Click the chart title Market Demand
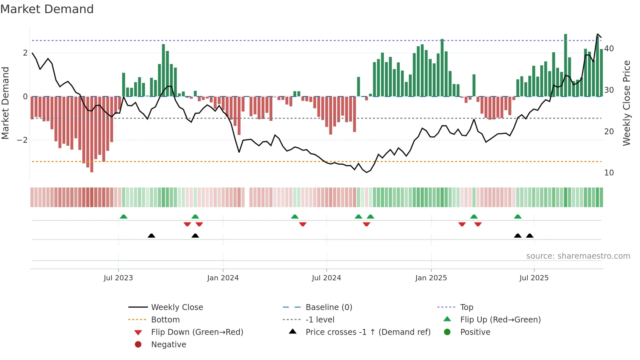(x=47, y=9)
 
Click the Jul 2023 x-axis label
(x=118, y=278)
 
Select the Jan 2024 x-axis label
(x=223, y=278)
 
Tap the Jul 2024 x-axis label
(x=326, y=278)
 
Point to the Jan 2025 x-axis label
(x=431, y=278)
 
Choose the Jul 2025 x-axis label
(x=534, y=278)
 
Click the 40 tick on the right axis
(x=609, y=49)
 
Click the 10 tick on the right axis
(x=609, y=173)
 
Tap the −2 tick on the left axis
(x=23, y=140)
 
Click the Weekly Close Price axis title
(x=626, y=103)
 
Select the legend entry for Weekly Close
(x=177, y=307)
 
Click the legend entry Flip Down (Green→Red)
(x=197, y=332)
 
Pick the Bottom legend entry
(x=165, y=320)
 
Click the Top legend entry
(x=467, y=307)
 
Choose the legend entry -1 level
(x=320, y=320)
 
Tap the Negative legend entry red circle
(x=138, y=345)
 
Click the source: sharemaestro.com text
(x=578, y=256)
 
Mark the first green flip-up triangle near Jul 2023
(x=123, y=217)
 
